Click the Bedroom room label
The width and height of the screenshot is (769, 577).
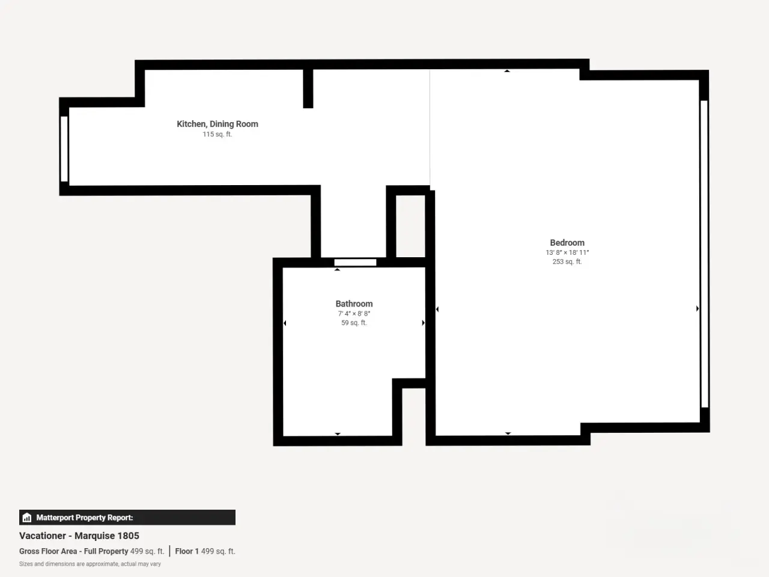pyautogui.click(x=567, y=242)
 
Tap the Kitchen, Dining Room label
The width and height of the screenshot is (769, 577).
pyautogui.click(x=217, y=124)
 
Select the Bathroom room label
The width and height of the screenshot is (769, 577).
pyautogui.click(x=354, y=304)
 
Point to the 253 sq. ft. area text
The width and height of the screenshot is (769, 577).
pyautogui.click(x=567, y=261)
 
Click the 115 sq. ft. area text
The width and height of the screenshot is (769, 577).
pyautogui.click(x=217, y=134)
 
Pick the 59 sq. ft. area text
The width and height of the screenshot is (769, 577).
pyautogui.click(x=354, y=323)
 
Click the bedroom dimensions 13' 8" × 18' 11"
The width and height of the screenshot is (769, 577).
pyautogui.click(x=567, y=252)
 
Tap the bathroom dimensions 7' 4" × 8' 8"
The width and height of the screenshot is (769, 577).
pyautogui.click(x=354, y=314)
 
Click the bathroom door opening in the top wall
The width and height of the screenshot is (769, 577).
pyautogui.click(x=355, y=263)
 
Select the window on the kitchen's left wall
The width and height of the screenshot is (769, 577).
pyautogui.click(x=64, y=149)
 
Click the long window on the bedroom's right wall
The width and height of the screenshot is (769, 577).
pyautogui.click(x=704, y=254)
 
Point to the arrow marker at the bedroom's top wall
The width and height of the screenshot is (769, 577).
pyautogui.click(x=507, y=71)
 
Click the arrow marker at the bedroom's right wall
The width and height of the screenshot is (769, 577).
pyautogui.click(x=697, y=308)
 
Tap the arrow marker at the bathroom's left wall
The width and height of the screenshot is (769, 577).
pyautogui.click(x=285, y=323)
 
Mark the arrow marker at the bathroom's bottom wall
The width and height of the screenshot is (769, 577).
pyautogui.click(x=338, y=434)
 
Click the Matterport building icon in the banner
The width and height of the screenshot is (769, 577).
pyautogui.click(x=27, y=517)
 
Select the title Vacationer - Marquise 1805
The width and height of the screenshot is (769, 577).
pyautogui.click(x=79, y=536)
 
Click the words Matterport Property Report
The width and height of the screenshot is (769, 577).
pyautogui.click(x=85, y=517)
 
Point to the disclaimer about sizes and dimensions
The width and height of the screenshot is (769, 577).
pyautogui.click(x=90, y=564)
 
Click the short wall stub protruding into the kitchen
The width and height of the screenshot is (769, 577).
pyautogui.click(x=308, y=88)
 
